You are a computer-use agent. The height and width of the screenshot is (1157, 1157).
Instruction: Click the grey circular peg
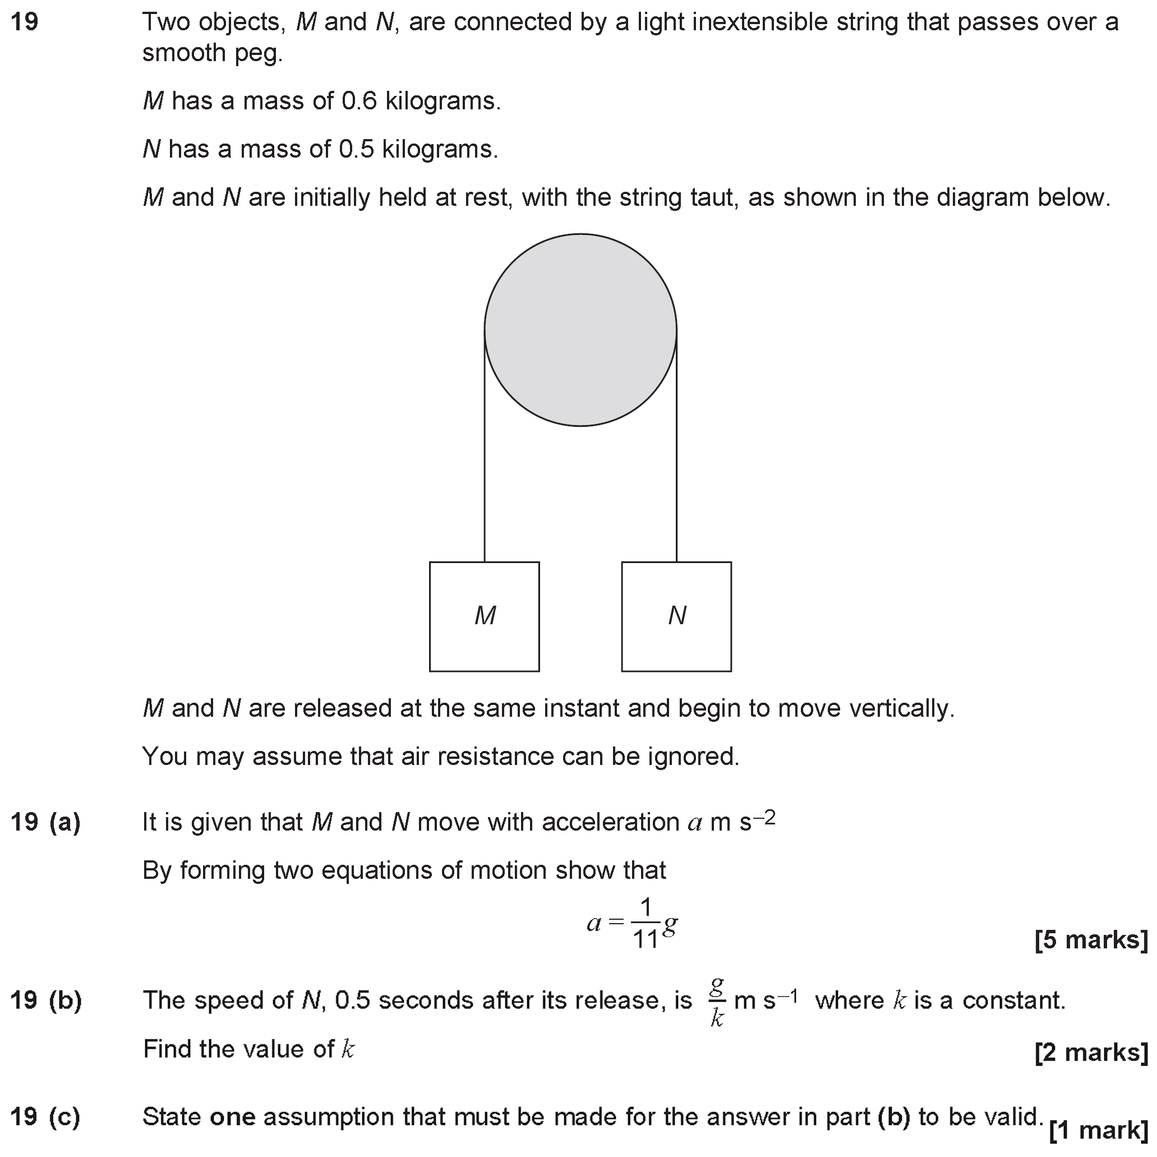(x=580, y=330)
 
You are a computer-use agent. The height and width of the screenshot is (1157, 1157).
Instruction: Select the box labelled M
(x=484, y=616)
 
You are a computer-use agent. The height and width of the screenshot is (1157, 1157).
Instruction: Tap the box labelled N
(x=676, y=616)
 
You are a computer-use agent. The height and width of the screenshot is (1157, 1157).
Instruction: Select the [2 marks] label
(x=1090, y=1052)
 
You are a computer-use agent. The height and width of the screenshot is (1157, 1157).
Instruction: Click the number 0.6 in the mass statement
(x=359, y=101)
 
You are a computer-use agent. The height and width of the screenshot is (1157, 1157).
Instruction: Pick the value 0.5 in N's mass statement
(x=357, y=149)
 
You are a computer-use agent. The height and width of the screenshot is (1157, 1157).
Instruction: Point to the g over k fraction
(x=717, y=1001)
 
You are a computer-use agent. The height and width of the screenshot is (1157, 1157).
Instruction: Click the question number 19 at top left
(x=25, y=22)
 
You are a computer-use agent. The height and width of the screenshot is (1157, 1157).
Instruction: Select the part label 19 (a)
(x=45, y=822)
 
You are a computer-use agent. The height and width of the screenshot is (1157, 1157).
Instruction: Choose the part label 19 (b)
(x=45, y=1000)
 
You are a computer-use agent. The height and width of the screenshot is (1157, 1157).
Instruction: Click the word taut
(x=706, y=197)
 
